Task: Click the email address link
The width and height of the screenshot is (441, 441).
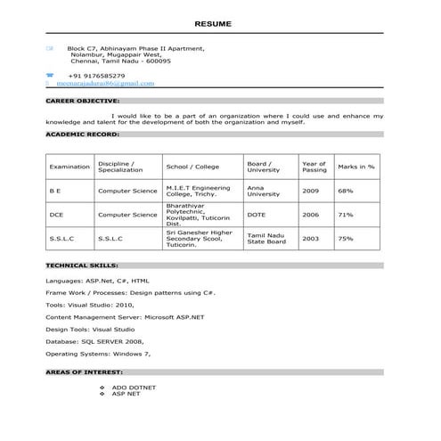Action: point(105,84)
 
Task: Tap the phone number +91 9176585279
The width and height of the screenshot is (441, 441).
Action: point(96,76)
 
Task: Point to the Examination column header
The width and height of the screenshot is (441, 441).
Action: point(69,167)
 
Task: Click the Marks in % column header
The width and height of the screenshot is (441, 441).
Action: point(355,167)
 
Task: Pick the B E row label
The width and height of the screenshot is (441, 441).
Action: point(55,191)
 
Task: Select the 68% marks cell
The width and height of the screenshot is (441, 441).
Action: point(346,191)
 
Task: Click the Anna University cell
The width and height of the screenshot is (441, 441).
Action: point(264,191)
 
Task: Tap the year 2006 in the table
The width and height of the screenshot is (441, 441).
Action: point(310,215)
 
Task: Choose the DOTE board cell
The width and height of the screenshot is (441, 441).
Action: point(257,215)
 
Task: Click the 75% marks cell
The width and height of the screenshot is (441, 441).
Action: point(346,239)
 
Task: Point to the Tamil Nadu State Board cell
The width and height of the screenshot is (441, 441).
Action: point(266,239)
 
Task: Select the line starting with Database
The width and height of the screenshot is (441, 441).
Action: point(94,341)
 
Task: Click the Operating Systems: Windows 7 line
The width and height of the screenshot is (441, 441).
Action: point(99,354)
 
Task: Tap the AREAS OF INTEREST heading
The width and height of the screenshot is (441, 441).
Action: point(84,372)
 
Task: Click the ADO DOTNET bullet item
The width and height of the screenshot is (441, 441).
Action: point(134,388)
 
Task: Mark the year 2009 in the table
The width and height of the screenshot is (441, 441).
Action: point(310,191)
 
